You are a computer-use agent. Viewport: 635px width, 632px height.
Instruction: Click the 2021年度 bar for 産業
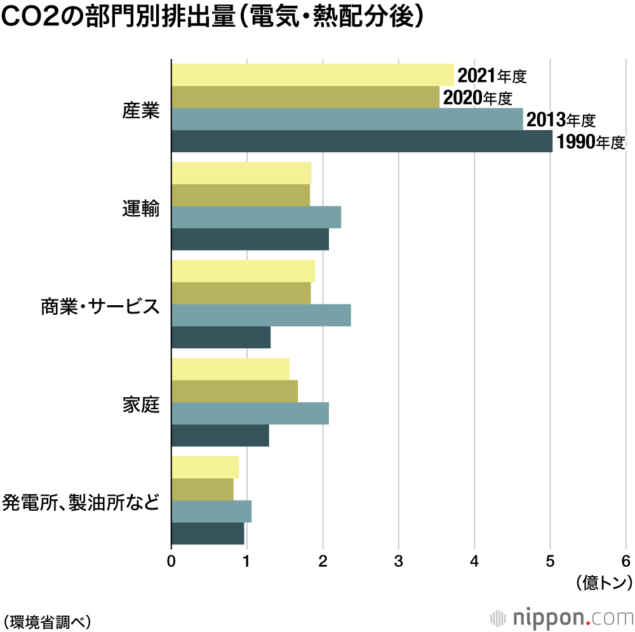tap(312, 75)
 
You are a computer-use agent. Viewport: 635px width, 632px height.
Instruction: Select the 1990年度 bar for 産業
tap(362, 142)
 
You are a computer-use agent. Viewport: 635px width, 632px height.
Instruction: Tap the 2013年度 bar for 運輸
tap(256, 217)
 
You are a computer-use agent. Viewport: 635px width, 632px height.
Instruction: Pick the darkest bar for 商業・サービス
tap(221, 338)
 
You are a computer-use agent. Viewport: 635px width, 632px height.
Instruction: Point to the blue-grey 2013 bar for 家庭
tap(250, 414)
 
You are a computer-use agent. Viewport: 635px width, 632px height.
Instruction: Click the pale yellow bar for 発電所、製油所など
tap(205, 467)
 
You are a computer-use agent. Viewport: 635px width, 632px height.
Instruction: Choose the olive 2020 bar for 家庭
tap(234, 392)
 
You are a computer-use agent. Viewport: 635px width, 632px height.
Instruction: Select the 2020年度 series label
tap(477, 98)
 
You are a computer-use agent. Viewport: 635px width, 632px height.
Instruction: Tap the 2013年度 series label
tap(561, 120)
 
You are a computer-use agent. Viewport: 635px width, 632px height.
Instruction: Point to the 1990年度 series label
tap(591, 142)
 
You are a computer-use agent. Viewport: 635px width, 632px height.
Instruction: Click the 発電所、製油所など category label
tap(81, 503)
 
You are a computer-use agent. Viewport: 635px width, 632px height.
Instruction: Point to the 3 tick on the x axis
tap(399, 560)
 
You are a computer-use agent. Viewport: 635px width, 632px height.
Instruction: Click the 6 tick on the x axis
tap(626, 560)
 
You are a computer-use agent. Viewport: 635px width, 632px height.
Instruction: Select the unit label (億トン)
tap(604, 582)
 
